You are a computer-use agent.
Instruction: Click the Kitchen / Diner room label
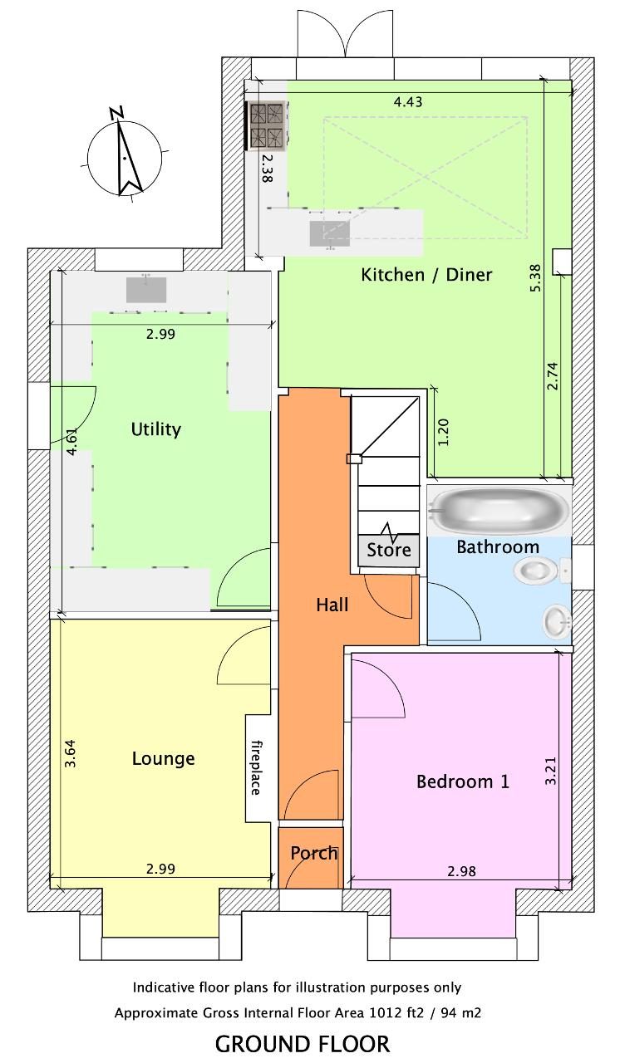point(426,275)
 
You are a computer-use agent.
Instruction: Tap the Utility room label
point(155,429)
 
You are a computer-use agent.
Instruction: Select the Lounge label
point(163,758)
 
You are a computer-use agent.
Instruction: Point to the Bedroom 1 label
point(462,781)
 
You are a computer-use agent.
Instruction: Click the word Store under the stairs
point(389,550)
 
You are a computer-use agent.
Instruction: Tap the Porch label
point(314,853)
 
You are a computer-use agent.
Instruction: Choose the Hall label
point(332,605)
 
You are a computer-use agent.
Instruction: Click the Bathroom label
point(498,547)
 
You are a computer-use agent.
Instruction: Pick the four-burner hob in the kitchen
point(266,125)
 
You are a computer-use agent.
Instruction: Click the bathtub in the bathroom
point(499,511)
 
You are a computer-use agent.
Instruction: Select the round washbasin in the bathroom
point(557,620)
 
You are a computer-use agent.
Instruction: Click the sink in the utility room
point(146,290)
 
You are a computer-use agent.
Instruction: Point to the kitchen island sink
point(330,233)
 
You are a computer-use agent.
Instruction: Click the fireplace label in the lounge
point(256,768)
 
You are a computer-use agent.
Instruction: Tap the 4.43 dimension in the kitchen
point(408,101)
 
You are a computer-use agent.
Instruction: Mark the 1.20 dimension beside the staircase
point(442,432)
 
